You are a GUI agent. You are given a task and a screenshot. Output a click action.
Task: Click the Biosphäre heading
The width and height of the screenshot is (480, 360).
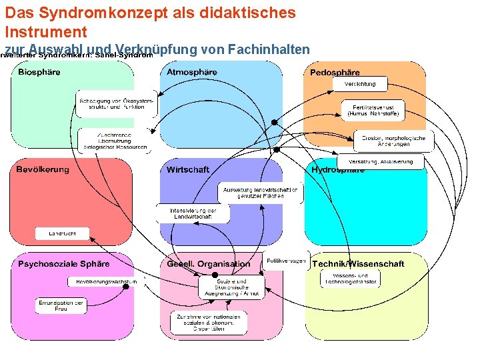tap(39, 72)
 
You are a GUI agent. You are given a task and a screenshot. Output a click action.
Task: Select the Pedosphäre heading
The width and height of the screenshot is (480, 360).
tap(335, 72)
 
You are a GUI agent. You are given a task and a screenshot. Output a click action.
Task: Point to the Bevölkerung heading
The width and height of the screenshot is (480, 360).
tap(43, 169)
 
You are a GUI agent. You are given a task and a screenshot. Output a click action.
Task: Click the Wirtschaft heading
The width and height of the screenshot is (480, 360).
tap(187, 169)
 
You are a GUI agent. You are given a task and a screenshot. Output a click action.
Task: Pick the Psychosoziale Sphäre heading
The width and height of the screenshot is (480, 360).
tap(64, 264)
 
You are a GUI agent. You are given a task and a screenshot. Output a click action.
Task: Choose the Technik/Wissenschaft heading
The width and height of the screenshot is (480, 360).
tap(359, 264)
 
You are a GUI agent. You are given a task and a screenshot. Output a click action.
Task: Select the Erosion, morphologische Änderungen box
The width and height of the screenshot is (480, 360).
tap(393, 141)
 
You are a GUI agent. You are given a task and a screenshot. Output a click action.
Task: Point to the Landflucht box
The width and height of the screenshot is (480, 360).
tap(62, 233)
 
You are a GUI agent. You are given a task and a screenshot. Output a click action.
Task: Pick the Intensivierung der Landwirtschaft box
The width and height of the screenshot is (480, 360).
tap(193, 213)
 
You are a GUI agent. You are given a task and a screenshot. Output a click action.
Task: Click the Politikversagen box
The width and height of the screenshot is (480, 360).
tap(286, 261)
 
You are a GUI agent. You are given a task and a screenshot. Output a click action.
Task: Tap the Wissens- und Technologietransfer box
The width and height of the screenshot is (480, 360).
tap(350, 279)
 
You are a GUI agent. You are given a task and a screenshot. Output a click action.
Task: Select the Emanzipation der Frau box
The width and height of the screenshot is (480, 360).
tap(61, 306)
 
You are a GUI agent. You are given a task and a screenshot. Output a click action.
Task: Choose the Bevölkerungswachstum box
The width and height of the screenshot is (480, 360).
tap(106, 282)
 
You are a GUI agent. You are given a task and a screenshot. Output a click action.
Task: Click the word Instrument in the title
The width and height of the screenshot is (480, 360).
tap(46, 31)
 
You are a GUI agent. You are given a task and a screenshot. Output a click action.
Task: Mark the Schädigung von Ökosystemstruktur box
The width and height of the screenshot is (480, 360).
tap(117, 103)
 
